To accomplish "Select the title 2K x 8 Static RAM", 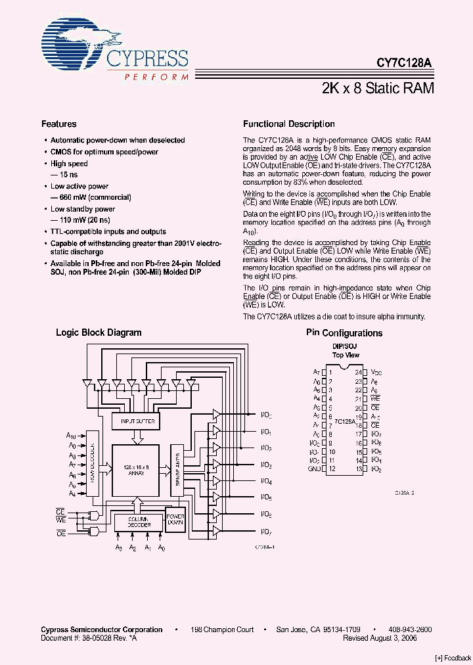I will (x=378, y=88).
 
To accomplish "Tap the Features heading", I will (x=59, y=124).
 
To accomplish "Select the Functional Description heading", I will (x=288, y=124).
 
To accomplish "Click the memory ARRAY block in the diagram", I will (x=135, y=469).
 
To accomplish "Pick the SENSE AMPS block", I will (x=176, y=469).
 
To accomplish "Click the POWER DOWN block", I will (x=175, y=519).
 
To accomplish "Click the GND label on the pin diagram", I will (x=313, y=469).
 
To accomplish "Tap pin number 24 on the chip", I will (x=357, y=372).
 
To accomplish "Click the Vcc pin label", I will (x=376, y=372).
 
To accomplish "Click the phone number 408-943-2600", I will (x=410, y=630).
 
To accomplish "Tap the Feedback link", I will (x=453, y=658).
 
